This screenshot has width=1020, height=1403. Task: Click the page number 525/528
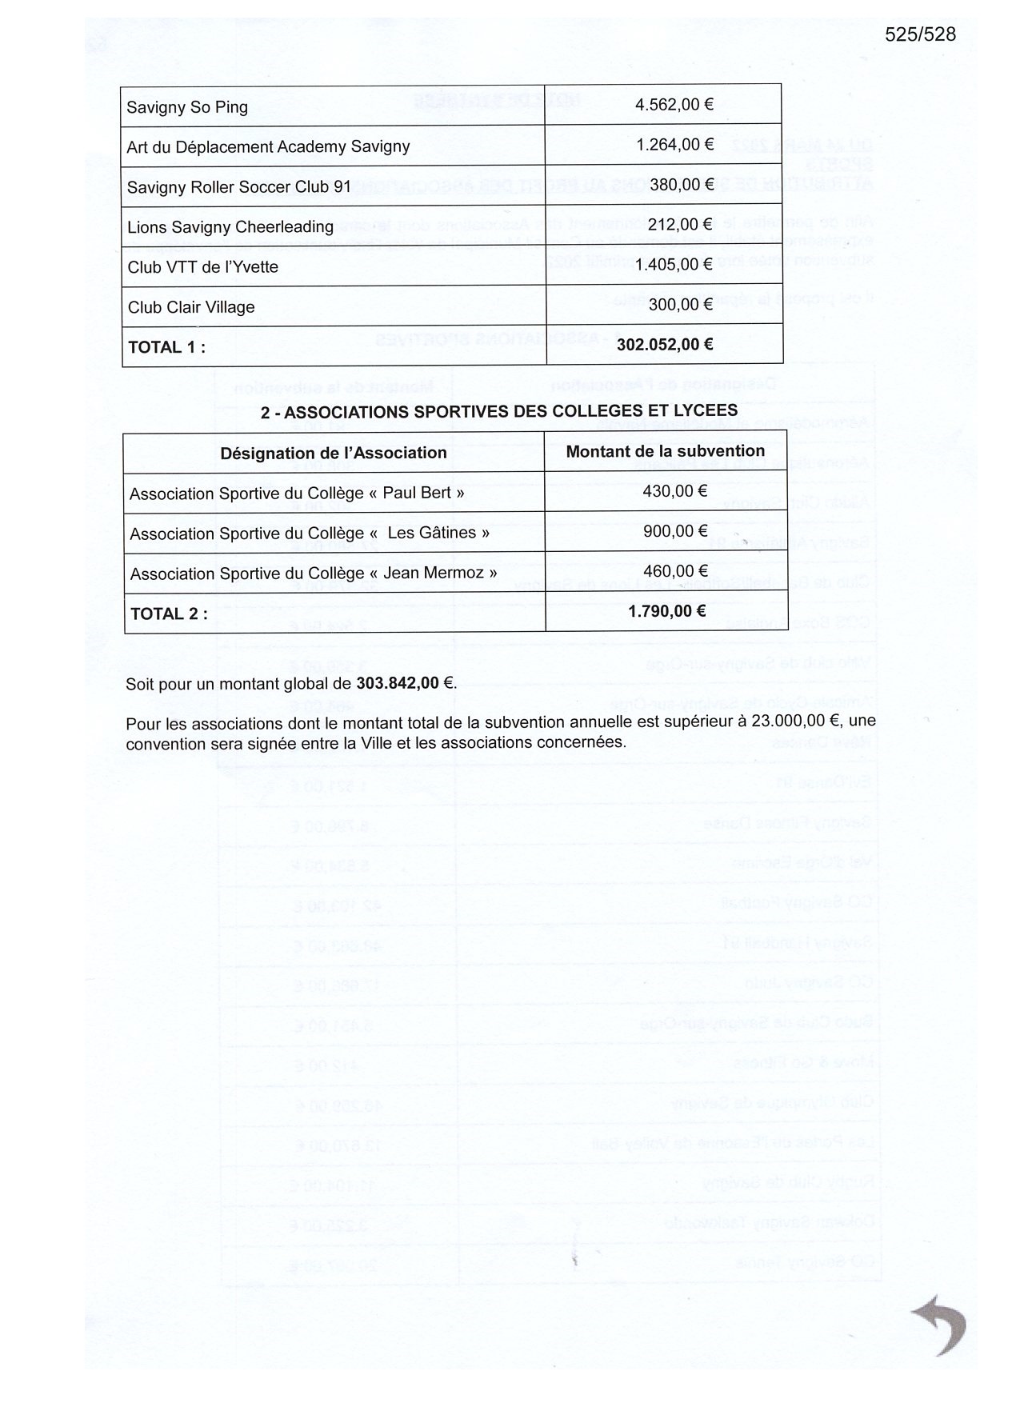click(920, 34)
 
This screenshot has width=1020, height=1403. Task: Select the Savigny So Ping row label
click(187, 108)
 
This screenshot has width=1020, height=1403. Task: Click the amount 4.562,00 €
click(674, 105)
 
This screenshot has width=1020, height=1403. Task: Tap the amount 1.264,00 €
click(674, 145)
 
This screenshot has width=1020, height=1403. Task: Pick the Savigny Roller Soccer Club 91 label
click(238, 187)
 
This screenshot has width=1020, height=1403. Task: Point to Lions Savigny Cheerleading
click(230, 227)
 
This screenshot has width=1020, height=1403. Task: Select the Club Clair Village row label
click(190, 307)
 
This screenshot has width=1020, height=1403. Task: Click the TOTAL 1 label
click(166, 347)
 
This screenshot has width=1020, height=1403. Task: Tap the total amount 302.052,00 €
click(665, 345)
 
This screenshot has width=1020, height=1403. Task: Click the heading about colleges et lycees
click(498, 411)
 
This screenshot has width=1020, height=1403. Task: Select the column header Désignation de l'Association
click(334, 454)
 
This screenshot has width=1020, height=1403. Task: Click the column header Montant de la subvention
click(665, 451)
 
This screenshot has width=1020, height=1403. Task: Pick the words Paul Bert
click(417, 493)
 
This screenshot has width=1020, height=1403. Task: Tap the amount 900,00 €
click(675, 531)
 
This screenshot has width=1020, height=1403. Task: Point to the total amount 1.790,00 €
click(666, 612)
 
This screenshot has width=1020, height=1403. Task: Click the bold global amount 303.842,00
click(398, 683)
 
